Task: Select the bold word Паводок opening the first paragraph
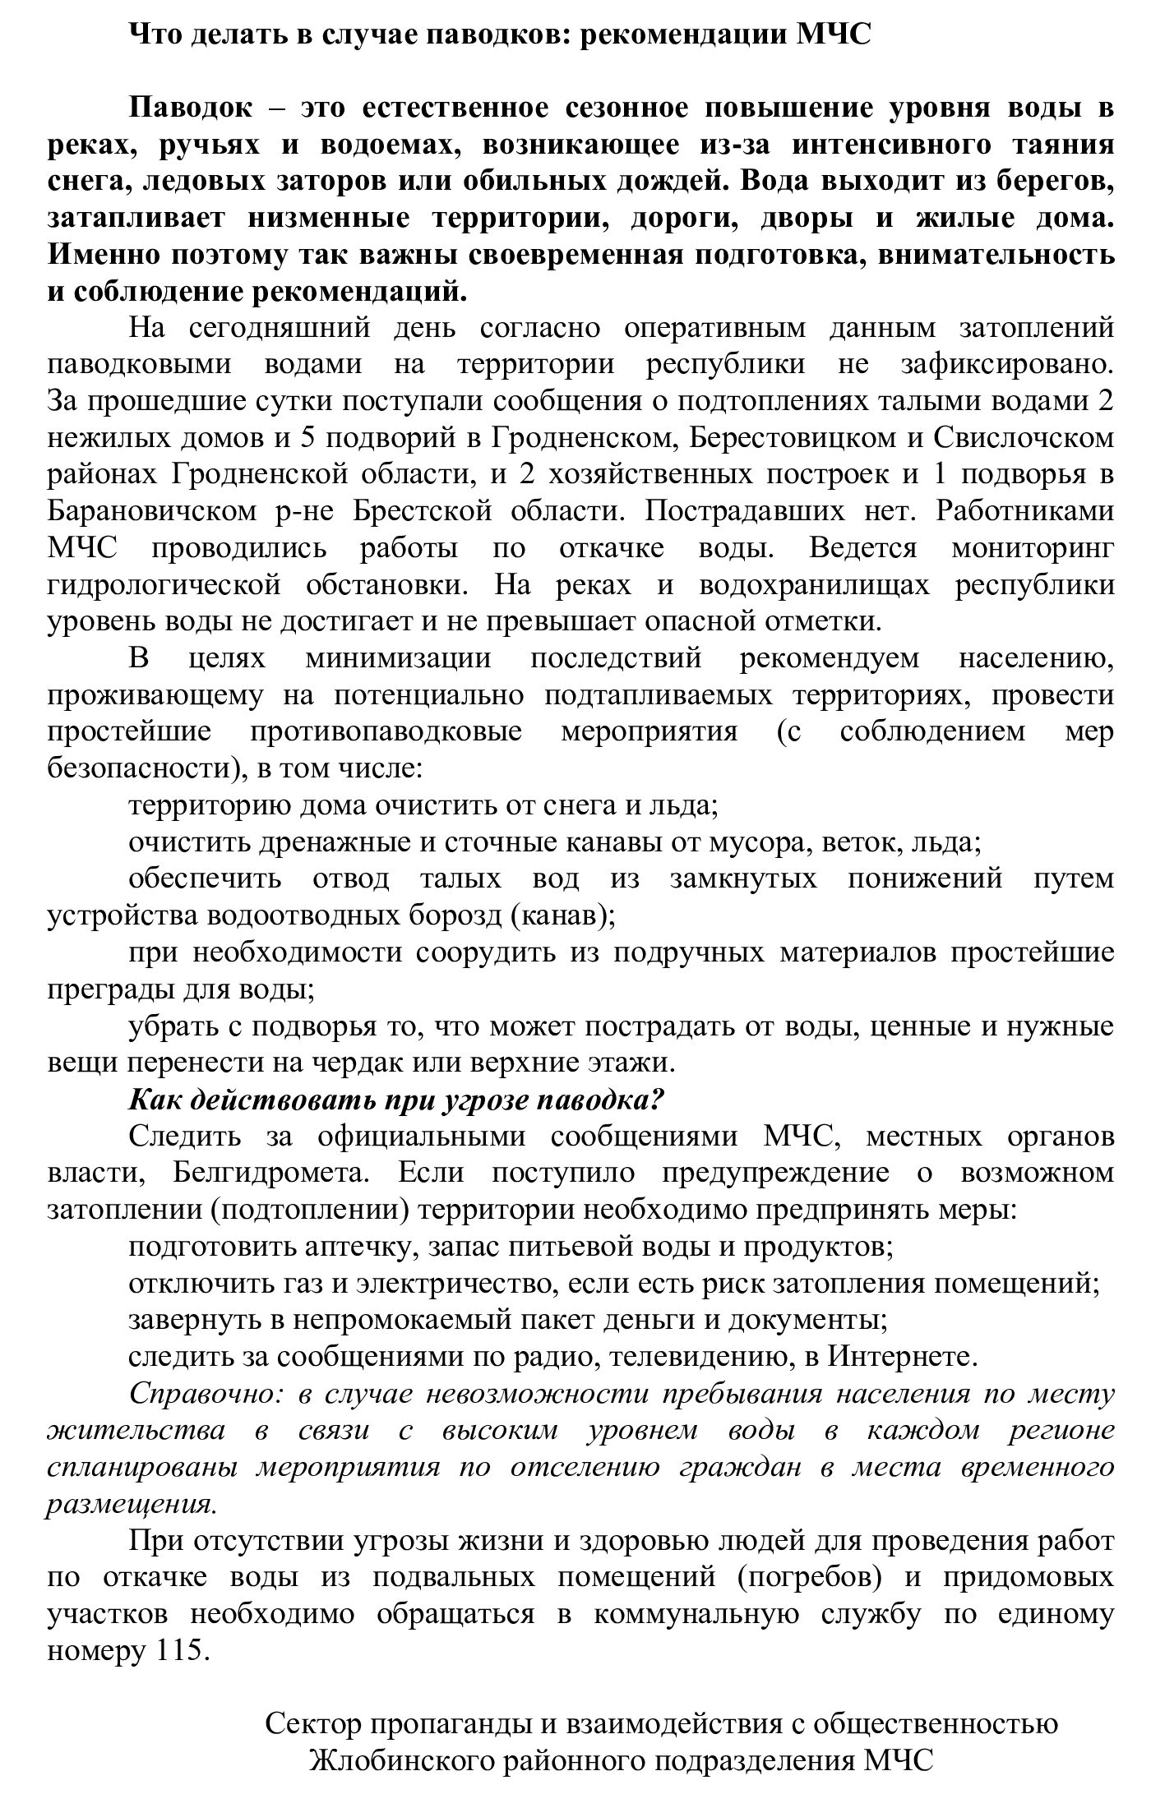pos(192,108)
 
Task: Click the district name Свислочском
pos(1024,437)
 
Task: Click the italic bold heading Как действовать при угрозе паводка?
pos(396,1100)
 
